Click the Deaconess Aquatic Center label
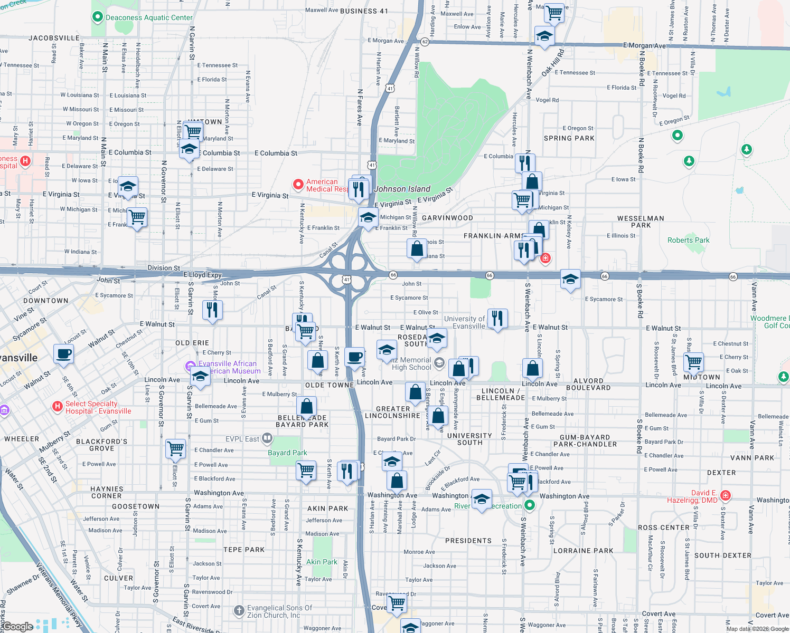(x=149, y=17)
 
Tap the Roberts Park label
(x=688, y=240)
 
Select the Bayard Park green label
(x=287, y=453)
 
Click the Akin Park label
(x=322, y=562)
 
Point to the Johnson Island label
(x=402, y=189)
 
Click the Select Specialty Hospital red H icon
(x=57, y=406)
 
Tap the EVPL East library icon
(x=267, y=438)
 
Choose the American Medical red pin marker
(x=298, y=185)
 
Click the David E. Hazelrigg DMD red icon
(x=726, y=495)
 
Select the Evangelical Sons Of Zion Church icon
(x=239, y=611)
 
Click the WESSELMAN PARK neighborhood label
(x=641, y=222)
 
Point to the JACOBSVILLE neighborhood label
(x=54, y=38)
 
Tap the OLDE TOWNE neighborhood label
(x=330, y=385)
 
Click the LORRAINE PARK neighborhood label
(x=583, y=551)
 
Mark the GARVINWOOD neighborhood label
(x=447, y=218)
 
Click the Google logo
(x=17, y=627)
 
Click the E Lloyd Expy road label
(x=202, y=275)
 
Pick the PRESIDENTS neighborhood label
(x=468, y=541)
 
